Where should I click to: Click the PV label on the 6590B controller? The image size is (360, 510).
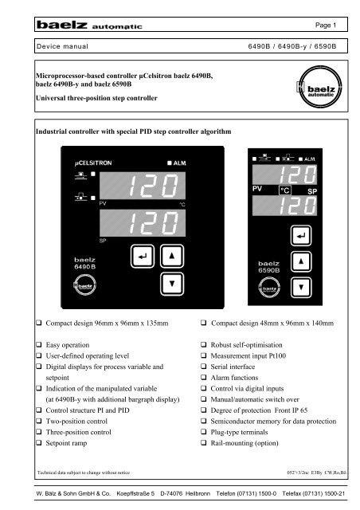249,190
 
